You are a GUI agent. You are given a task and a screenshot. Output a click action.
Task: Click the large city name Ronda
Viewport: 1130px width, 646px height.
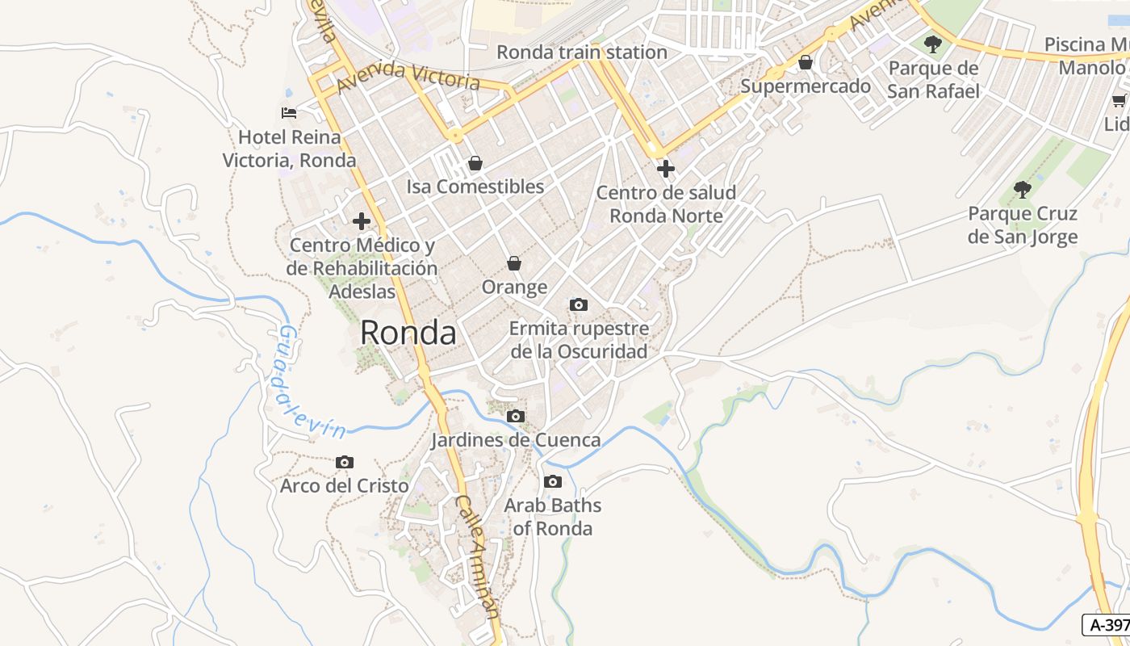(x=408, y=333)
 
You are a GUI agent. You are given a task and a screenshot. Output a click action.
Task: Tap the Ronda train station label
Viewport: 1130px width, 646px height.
(x=581, y=52)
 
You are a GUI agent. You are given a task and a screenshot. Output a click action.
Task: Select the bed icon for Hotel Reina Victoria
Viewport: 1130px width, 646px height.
(x=289, y=112)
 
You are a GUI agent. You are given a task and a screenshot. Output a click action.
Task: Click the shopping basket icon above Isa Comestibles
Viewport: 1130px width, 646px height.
(x=475, y=163)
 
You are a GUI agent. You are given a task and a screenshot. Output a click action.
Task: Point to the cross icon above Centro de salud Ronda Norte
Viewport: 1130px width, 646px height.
(x=666, y=169)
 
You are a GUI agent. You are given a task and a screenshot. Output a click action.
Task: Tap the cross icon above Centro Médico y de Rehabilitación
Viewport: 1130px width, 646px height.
(x=362, y=221)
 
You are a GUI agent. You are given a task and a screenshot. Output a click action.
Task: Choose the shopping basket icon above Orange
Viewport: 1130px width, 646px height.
(x=514, y=263)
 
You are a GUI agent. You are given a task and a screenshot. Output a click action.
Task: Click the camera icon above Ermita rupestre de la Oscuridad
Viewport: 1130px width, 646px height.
(x=579, y=304)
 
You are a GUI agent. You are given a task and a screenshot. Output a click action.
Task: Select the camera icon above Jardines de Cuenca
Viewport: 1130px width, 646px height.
(x=516, y=417)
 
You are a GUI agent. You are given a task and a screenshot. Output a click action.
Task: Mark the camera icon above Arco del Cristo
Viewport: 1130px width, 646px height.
(x=345, y=462)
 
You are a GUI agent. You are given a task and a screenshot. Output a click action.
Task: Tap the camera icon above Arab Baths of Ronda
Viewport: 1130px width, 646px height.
(x=553, y=482)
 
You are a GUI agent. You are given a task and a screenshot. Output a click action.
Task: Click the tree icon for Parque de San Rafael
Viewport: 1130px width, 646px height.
(x=933, y=44)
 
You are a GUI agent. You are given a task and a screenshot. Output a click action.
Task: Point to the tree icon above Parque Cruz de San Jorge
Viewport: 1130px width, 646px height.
(x=1023, y=190)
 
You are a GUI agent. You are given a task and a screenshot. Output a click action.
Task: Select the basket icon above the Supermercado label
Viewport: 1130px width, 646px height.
(x=805, y=62)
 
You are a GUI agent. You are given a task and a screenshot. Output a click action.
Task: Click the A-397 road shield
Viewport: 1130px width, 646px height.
(x=1107, y=624)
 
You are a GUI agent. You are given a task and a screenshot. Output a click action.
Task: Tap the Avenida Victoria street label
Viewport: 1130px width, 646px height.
(x=408, y=76)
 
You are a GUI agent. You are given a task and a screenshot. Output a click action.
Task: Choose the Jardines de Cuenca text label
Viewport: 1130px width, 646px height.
(x=516, y=440)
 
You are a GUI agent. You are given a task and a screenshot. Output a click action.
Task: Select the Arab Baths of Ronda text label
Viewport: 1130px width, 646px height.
(x=553, y=517)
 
